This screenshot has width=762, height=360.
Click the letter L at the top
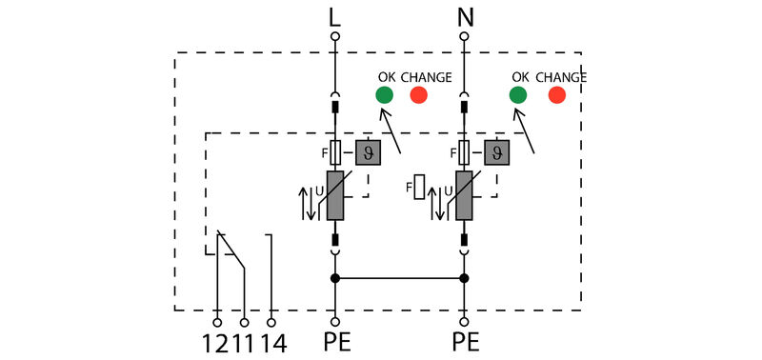click(334, 16)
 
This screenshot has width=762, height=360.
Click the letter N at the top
click(464, 16)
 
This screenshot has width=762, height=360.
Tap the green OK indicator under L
click(384, 95)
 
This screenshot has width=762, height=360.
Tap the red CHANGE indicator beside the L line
click(418, 95)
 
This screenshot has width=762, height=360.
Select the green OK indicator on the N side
click(517, 95)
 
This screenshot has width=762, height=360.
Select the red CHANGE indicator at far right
click(557, 95)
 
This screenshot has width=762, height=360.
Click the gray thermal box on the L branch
click(367, 152)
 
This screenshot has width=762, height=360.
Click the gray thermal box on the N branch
click(495, 152)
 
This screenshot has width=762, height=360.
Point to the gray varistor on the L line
click(334, 196)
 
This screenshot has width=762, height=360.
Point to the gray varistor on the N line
click(464, 196)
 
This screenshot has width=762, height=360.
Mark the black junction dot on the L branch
click(334, 278)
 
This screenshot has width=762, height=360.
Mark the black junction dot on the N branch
click(464, 278)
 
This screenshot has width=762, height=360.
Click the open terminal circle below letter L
click(334, 36)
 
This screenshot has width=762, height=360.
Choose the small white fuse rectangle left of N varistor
click(418, 185)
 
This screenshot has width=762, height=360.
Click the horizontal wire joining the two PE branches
click(399, 278)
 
